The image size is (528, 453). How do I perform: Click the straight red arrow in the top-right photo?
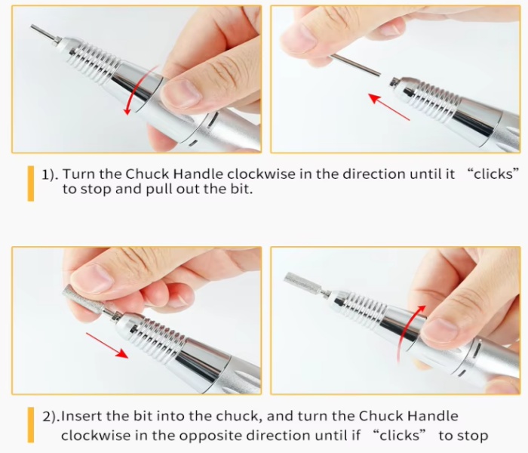tap(389, 107)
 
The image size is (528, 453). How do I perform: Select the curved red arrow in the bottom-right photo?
tap(407, 332)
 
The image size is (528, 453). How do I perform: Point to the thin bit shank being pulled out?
tap(355, 65)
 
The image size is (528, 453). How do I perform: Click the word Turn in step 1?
tap(79, 174)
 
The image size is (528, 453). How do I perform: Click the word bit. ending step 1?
tap(241, 189)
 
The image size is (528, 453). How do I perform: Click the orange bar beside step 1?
tap(31, 183)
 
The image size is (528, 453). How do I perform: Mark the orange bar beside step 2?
tap(31, 424)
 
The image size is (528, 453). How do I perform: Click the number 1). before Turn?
tap(51, 174)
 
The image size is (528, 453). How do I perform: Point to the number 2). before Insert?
tap(51, 417)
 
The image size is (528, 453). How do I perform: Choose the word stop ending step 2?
tap(473, 436)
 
